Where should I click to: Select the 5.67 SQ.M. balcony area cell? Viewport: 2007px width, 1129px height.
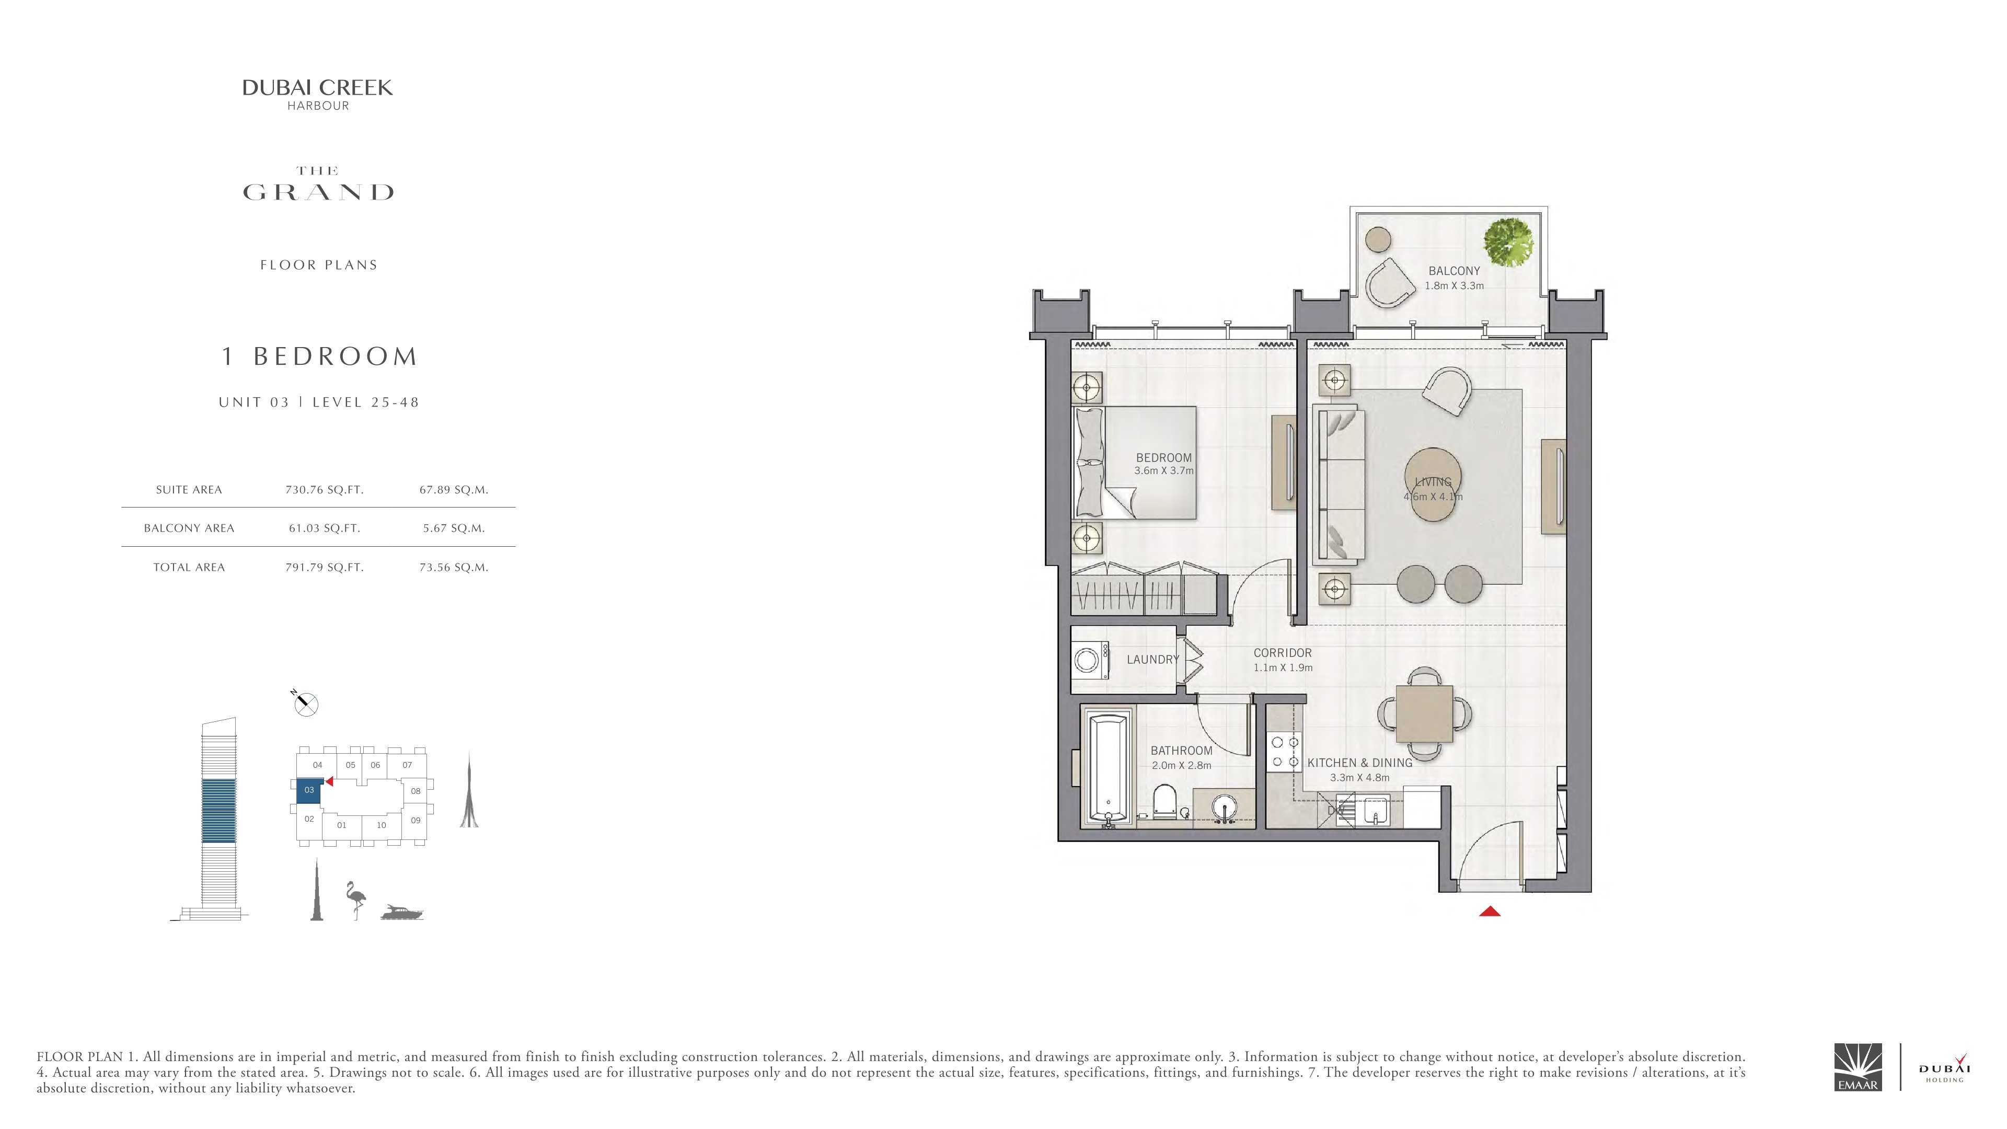click(x=454, y=528)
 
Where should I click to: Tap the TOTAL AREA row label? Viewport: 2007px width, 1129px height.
click(x=189, y=567)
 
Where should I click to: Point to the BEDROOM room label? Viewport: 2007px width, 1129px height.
click(x=1163, y=457)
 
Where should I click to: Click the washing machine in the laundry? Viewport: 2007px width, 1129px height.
click(x=1088, y=661)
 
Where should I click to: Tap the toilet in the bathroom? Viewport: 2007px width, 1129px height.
click(x=1164, y=802)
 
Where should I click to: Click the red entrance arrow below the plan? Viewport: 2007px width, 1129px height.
click(x=1489, y=911)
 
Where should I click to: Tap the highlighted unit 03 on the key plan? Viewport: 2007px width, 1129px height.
click(x=309, y=791)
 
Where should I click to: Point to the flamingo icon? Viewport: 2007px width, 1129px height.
click(x=356, y=900)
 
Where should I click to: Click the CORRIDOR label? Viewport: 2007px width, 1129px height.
click(x=1283, y=653)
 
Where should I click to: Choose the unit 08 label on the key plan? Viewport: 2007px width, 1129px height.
click(x=416, y=791)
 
